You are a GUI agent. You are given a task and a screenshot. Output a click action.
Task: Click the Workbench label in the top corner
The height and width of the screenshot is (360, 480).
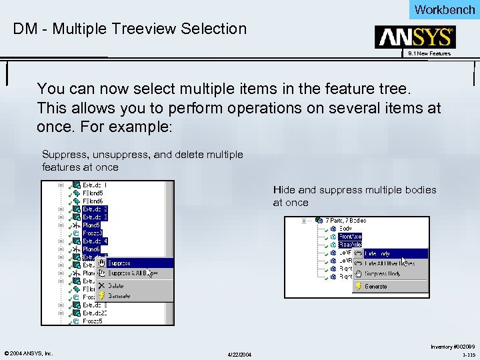[444, 9]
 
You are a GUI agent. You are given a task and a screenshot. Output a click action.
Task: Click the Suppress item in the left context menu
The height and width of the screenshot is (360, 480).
[119, 263]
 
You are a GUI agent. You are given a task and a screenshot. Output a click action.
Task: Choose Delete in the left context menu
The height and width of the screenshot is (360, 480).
[116, 285]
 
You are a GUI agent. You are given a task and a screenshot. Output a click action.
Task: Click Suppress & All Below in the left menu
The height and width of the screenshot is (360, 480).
[132, 273]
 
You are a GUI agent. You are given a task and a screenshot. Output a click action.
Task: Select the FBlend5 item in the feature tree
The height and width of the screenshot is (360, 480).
[93, 193]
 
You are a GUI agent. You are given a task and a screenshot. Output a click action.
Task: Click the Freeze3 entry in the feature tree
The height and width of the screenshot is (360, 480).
[93, 233]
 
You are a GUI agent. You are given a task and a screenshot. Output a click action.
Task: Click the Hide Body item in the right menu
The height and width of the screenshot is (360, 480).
[380, 253]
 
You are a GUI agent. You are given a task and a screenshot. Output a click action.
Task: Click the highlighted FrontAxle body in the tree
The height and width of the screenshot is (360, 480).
[350, 236]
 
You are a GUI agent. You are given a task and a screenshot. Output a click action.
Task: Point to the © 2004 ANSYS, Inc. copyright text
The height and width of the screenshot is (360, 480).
[29, 353]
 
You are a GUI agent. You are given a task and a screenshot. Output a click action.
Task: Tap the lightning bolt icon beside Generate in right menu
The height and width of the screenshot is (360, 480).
[358, 287]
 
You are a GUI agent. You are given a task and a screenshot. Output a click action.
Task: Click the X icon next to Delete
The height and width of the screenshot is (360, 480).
[101, 285]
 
